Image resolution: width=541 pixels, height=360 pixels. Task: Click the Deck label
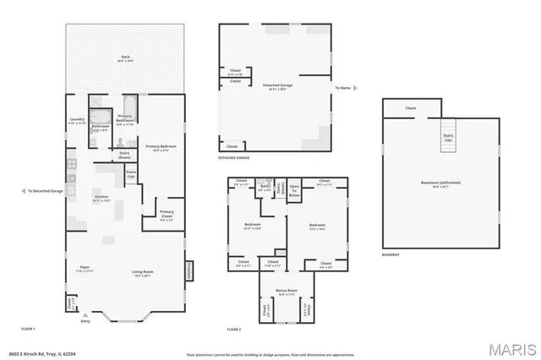124,59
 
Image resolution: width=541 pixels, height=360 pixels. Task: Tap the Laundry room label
77,122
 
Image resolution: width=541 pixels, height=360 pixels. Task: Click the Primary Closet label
167,213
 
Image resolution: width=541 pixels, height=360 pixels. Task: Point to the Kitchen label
101,199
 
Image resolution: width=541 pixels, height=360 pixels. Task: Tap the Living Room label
141,272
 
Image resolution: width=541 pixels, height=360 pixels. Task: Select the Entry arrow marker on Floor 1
85,315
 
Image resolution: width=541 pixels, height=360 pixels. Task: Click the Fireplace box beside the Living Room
188,270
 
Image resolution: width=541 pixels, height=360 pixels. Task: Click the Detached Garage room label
276,85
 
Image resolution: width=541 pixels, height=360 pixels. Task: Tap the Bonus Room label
286,292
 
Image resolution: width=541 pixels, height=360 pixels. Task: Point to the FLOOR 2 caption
234,328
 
